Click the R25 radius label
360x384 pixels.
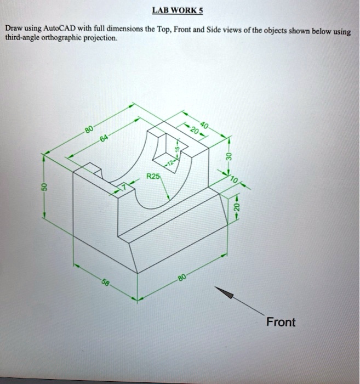(x=153, y=177)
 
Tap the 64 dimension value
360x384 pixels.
(x=104, y=140)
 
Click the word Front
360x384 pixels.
(x=280, y=322)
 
